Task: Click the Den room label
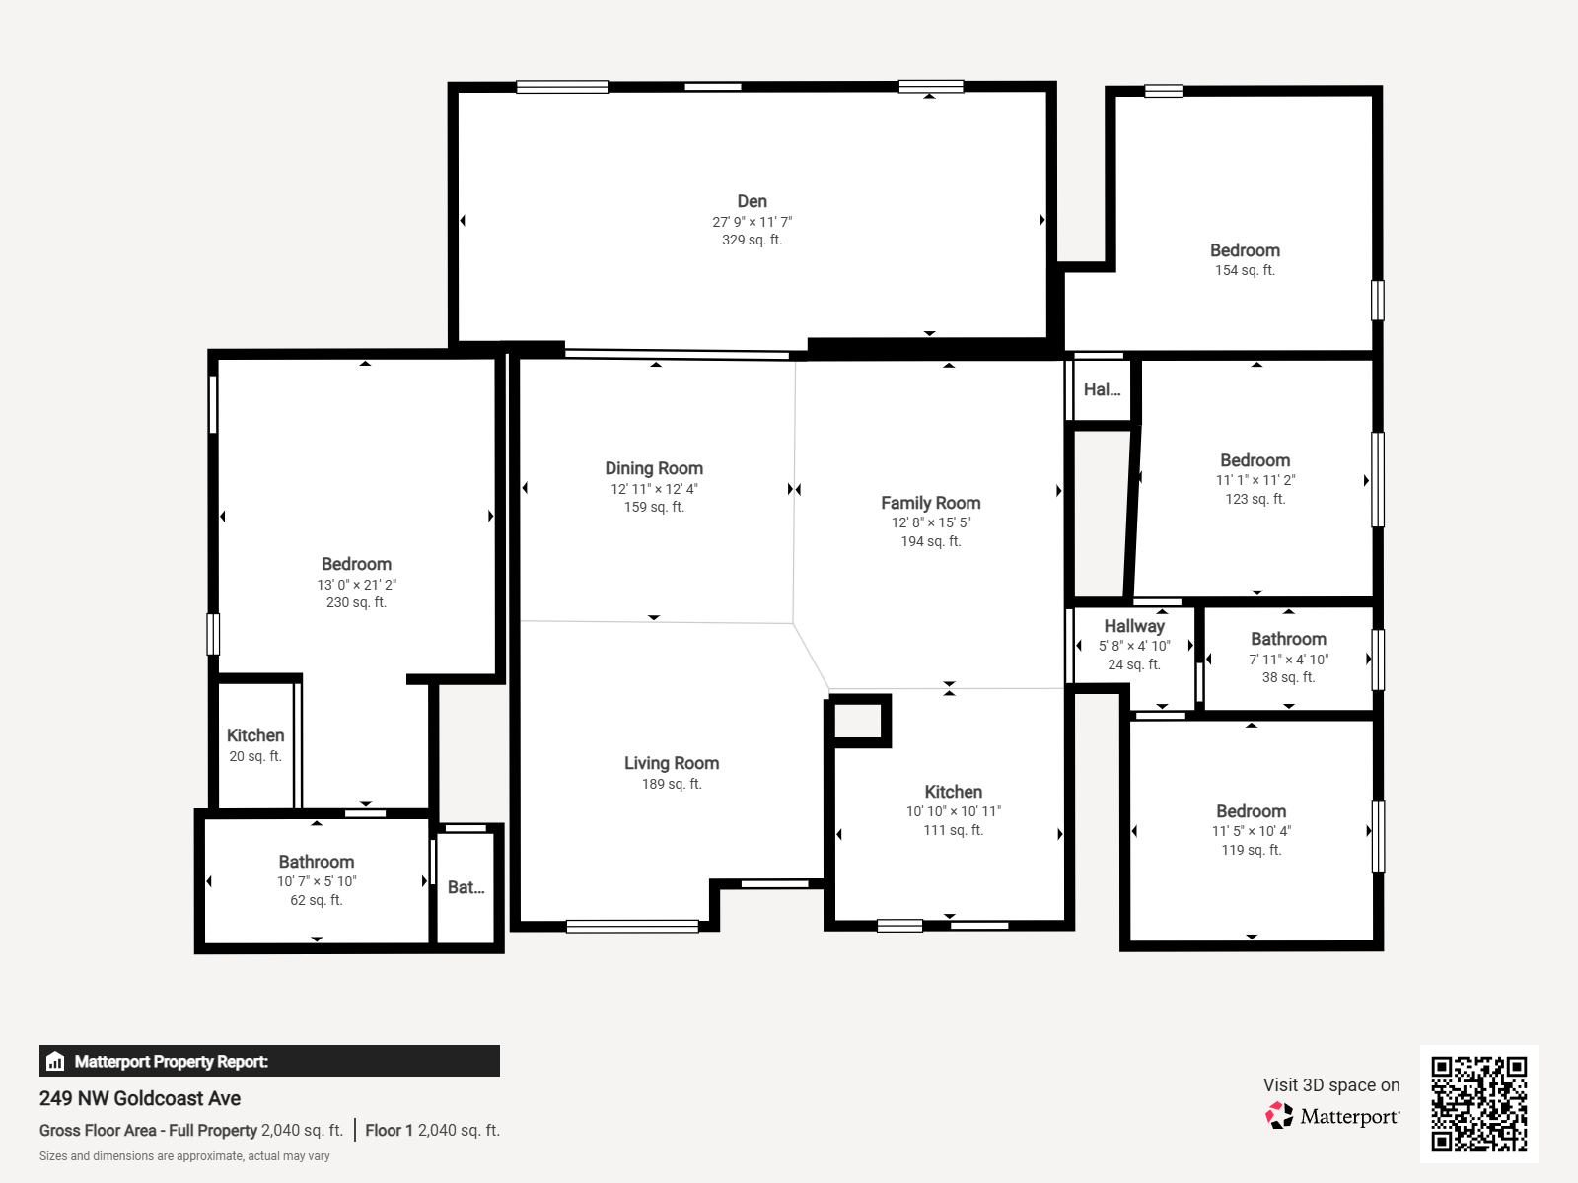(x=752, y=201)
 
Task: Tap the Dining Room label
(x=654, y=468)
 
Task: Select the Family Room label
(x=931, y=503)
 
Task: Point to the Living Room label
(x=672, y=763)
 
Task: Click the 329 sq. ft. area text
(x=752, y=240)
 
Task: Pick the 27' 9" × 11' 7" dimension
(x=752, y=222)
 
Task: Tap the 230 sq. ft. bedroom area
(x=357, y=602)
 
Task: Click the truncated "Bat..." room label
(x=466, y=887)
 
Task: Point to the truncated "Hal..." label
(x=1102, y=389)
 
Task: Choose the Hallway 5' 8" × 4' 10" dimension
(x=1134, y=646)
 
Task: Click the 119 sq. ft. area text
(x=1252, y=850)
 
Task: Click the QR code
(x=1478, y=1103)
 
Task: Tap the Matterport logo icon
(x=1279, y=1116)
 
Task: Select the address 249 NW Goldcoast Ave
(x=140, y=1098)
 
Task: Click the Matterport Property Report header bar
(x=269, y=1061)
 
